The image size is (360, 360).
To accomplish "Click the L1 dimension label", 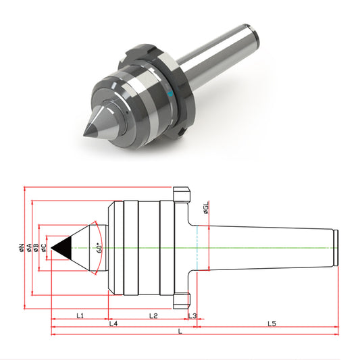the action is click(80, 315).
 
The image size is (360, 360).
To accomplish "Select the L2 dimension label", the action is click(153, 315).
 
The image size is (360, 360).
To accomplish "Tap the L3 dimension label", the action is click(192, 315).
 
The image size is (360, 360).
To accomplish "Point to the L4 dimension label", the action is click(113, 324).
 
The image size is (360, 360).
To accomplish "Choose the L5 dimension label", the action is click(272, 324).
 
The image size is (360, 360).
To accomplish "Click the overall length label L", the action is click(180, 332).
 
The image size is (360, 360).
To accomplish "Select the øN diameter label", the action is click(22, 247).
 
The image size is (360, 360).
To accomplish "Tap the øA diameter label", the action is click(29, 247).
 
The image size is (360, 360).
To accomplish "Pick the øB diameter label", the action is click(36, 247).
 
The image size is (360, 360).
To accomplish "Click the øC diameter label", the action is click(44, 247).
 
